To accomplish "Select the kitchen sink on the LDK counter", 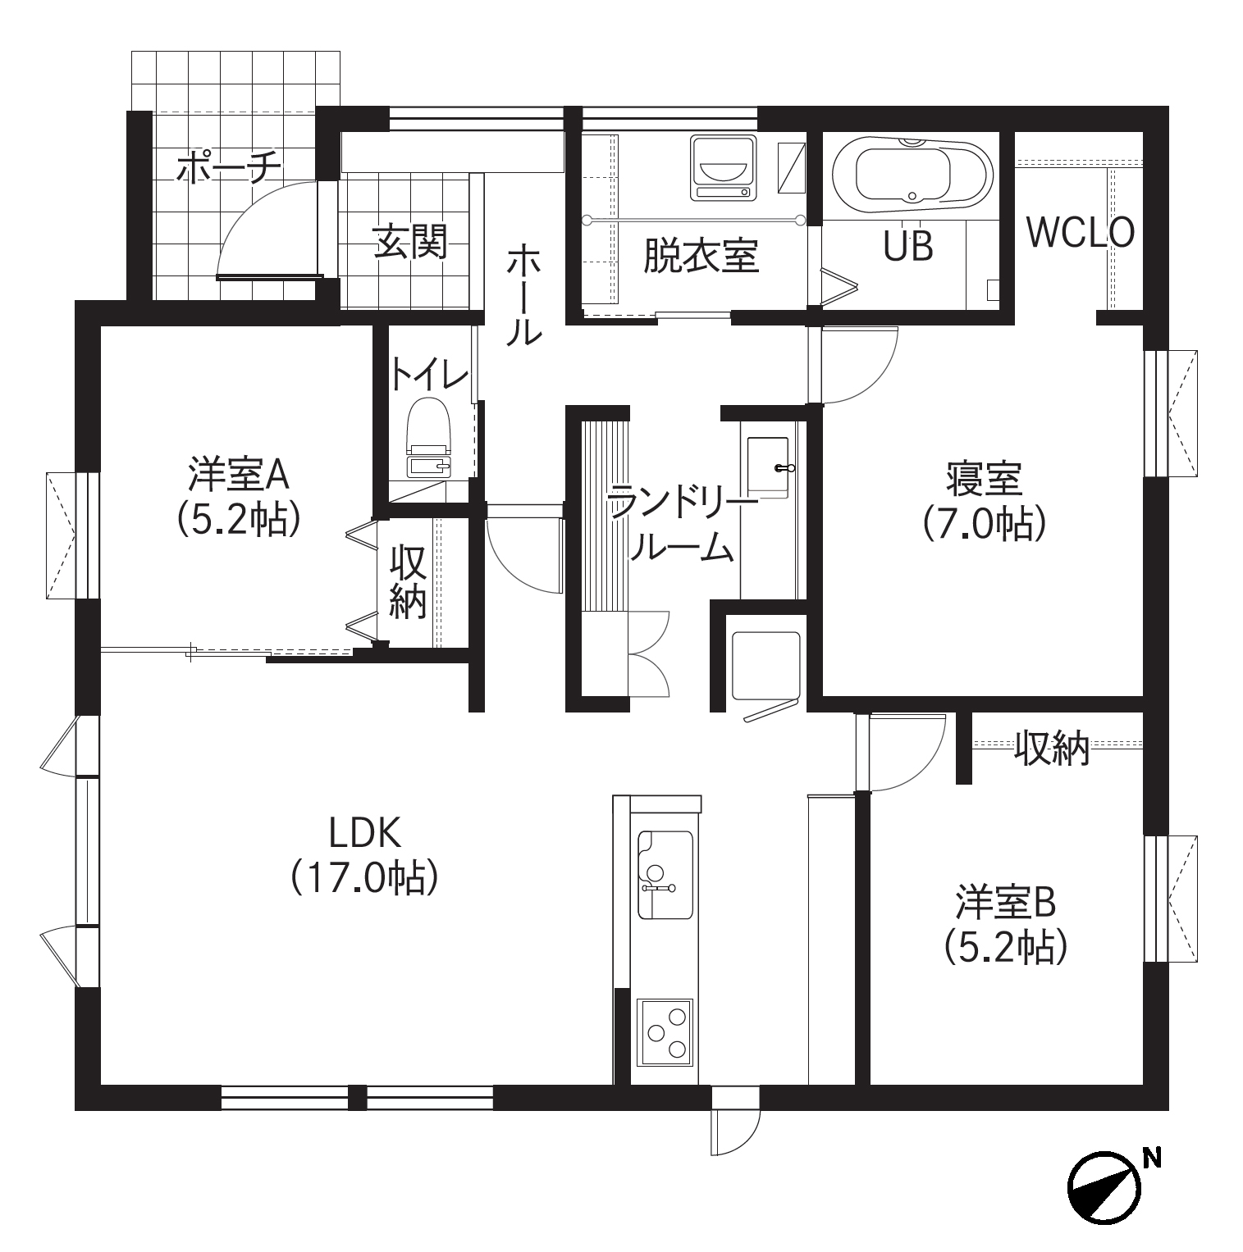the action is point(665,875).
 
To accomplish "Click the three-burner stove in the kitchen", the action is point(665,1032).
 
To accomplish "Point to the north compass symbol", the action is point(1104,1186).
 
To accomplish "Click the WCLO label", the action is point(1081,233).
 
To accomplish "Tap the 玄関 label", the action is point(411,242).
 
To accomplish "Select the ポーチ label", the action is point(229,167).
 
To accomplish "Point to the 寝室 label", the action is point(984,479).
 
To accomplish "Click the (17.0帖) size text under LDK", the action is point(364,878).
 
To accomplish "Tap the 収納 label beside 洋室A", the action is point(408,581).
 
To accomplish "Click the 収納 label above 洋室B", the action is point(1052,747).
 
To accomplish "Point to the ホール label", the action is point(523,294).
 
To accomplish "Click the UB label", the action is point(908,245).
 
